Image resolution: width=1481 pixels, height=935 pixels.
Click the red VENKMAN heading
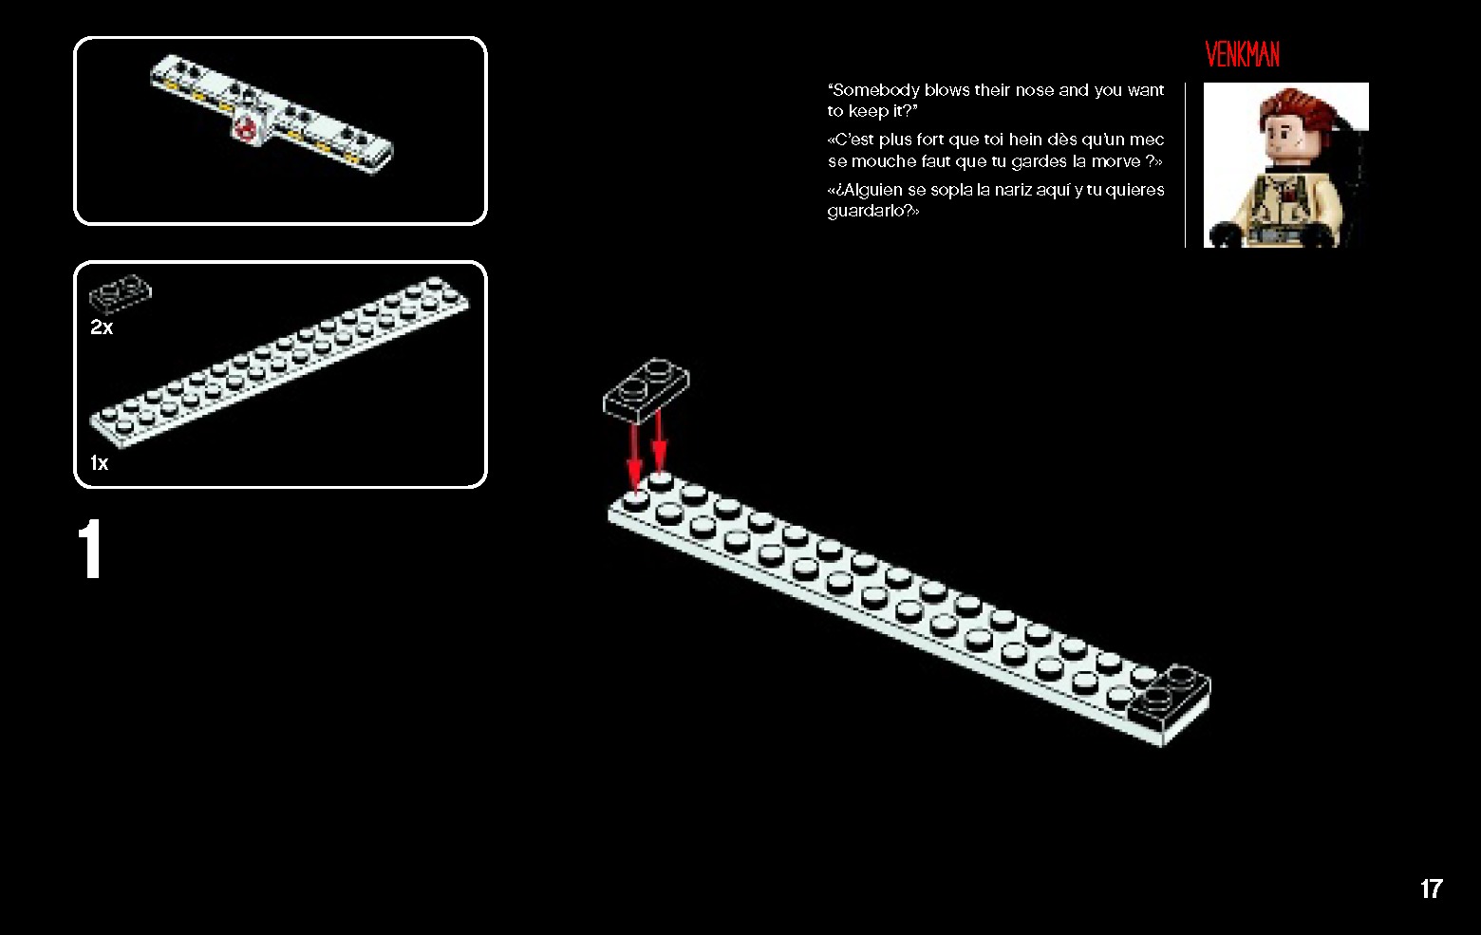pos(1242,55)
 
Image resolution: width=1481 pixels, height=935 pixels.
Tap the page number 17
pos(1431,888)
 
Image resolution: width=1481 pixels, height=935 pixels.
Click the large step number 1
pos(90,551)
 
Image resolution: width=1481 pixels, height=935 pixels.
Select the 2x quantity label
pos(102,327)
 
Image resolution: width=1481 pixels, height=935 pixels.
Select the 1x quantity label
pos(99,463)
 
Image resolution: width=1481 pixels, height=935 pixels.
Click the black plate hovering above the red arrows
pos(646,388)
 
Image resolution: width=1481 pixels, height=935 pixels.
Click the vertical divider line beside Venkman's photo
pos(1186,165)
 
